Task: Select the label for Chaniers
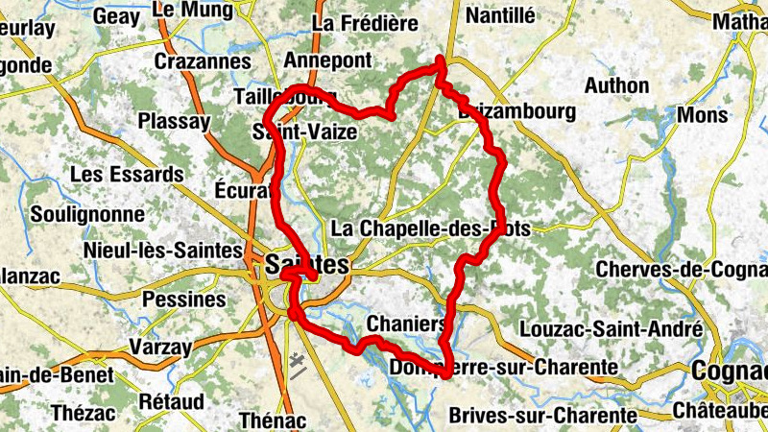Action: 406,324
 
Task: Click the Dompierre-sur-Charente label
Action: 504,368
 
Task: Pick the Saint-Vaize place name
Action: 304,132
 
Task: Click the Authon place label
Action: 616,85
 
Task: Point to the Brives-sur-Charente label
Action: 543,416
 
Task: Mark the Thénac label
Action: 272,420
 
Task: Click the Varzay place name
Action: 160,347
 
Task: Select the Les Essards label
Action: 127,175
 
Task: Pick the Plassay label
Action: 173,122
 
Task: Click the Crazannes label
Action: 202,62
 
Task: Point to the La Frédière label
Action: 366,21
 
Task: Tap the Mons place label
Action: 703,115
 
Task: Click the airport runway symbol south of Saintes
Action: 298,365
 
